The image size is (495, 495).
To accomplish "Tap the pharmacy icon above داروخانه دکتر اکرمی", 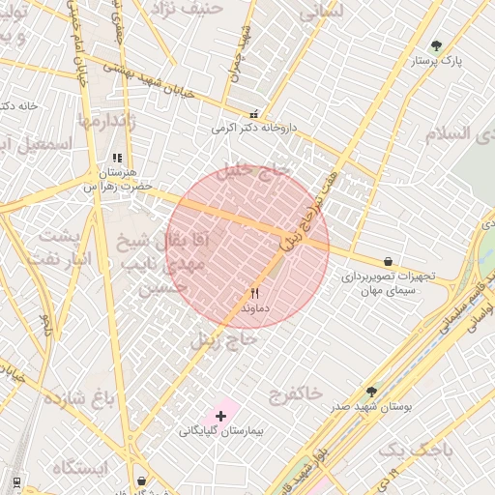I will pyautogui.click(x=254, y=113).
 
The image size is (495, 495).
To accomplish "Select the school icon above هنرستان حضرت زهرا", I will pyautogui.click(x=117, y=158).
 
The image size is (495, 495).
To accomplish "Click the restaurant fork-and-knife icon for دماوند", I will pyautogui.click(x=255, y=292).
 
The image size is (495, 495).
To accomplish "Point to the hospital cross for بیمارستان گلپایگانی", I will pyautogui.click(x=221, y=416).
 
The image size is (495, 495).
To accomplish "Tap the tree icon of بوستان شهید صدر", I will pyautogui.click(x=371, y=392).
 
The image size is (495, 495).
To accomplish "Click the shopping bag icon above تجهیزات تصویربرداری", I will pyautogui.click(x=388, y=261).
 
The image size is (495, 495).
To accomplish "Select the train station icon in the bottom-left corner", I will pyautogui.click(x=16, y=480).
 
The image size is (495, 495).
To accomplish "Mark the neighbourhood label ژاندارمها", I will pyautogui.click(x=112, y=121).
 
